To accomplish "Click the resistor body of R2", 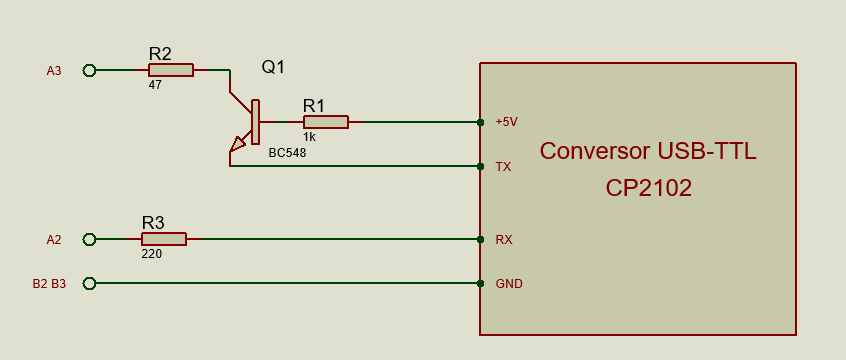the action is coord(170,70).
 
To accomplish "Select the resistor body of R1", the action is coord(326,122).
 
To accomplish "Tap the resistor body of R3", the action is coord(164,239).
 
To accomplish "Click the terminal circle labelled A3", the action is coord(90,70).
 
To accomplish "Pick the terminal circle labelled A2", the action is coord(90,239).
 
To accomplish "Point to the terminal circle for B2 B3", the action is coord(90,283).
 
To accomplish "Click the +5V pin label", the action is coord(507,123).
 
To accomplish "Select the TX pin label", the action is coord(503,167).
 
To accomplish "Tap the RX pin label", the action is coord(504,240).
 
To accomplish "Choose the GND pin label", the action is coord(509,283).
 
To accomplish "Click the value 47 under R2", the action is coord(155,85).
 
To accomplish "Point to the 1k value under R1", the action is coord(309,137).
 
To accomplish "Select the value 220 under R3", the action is coord(152,254).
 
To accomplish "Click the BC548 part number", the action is coord(287,153).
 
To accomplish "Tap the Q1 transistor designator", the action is coord(273,67).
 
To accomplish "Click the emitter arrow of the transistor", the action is coord(237,145).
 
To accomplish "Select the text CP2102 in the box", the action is coord(649,188).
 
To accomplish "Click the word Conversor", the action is coord(595,151).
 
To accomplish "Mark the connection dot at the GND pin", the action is coord(480,283).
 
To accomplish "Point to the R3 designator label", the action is coord(153,223).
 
